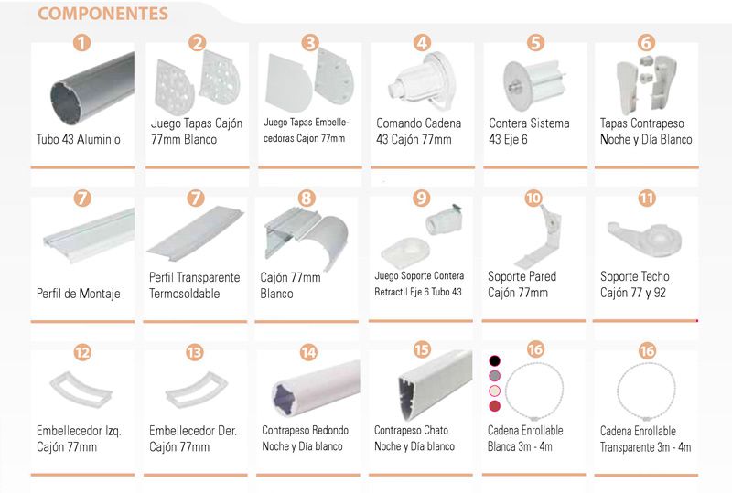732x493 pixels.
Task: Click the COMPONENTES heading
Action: pyautogui.click(x=102, y=14)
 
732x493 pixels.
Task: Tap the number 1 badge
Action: pyautogui.click(x=81, y=43)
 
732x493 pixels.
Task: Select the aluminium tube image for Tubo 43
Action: pyautogui.click(x=92, y=89)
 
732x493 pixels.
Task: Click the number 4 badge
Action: pyautogui.click(x=422, y=43)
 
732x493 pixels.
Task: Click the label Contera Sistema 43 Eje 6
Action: pyautogui.click(x=529, y=131)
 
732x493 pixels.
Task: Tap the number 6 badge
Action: pyautogui.click(x=647, y=43)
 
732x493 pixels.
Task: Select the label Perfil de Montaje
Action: pyautogui.click(x=79, y=294)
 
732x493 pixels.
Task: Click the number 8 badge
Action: pyautogui.click(x=307, y=198)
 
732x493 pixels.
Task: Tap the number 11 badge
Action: pyautogui.click(x=647, y=198)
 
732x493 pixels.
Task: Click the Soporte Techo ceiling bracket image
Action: pyautogui.click(x=645, y=237)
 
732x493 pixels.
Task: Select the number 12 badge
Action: pyautogui.click(x=82, y=352)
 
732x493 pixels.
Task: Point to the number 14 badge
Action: pyautogui.click(x=308, y=352)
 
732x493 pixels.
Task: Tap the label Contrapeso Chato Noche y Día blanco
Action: pyautogui.click(x=414, y=438)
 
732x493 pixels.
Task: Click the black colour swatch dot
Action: pyautogui.click(x=494, y=361)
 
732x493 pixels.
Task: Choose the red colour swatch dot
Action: pyautogui.click(x=494, y=406)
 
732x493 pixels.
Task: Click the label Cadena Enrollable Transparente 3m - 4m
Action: pyautogui.click(x=645, y=439)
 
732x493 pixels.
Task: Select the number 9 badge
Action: pyautogui.click(x=422, y=198)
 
